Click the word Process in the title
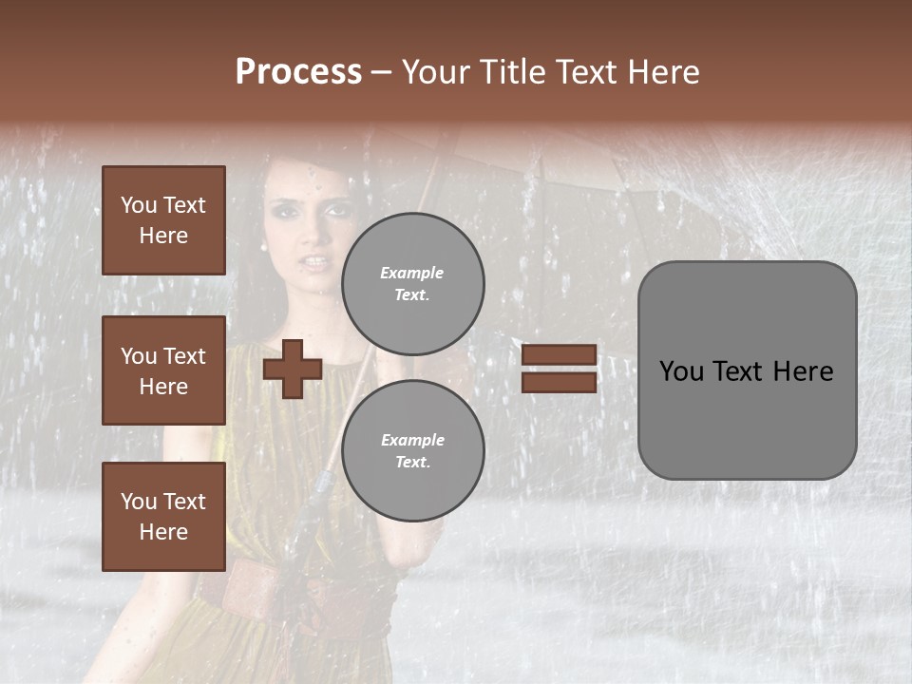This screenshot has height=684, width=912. click(x=298, y=72)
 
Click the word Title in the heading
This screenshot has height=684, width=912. click(x=512, y=72)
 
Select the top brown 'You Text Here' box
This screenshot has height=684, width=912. click(x=163, y=220)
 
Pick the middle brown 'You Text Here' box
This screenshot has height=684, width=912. click(x=163, y=370)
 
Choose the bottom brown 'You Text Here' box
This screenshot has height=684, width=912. click(x=163, y=517)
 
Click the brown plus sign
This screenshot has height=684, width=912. click(x=293, y=370)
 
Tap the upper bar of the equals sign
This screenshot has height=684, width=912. click(x=560, y=354)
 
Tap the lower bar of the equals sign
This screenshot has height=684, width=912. click(x=560, y=383)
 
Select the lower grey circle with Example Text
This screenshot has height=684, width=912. click(x=412, y=451)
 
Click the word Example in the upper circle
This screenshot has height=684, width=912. click(x=412, y=274)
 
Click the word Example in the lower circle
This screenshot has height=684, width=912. click(x=412, y=440)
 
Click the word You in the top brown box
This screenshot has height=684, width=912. click(x=139, y=205)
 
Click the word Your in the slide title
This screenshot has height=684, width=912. click(x=438, y=72)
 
